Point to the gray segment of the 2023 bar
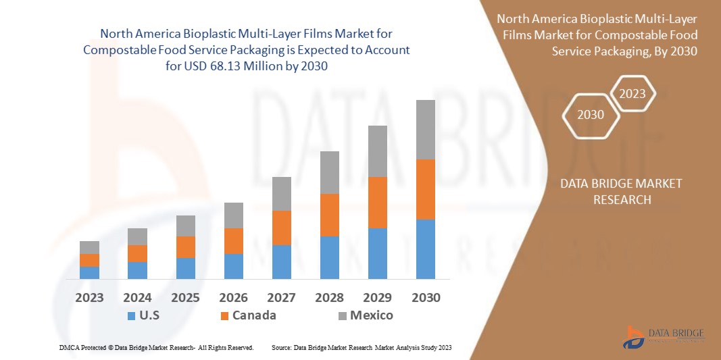point(89,247)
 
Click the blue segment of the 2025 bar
point(185,268)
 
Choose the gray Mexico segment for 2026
point(233,215)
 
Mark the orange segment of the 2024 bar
point(137,253)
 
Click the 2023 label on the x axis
point(89,298)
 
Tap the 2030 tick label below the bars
point(425,298)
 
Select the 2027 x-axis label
point(281,298)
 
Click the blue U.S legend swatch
point(131,315)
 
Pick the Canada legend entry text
point(254,315)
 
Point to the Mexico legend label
point(371,315)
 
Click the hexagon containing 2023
point(632,94)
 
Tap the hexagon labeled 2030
point(590,115)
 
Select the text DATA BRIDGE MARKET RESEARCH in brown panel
point(621,192)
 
